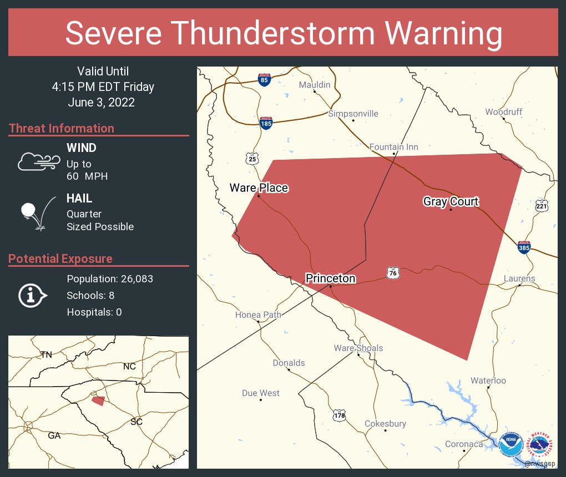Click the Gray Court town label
coord(451,201)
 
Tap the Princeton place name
coord(330,278)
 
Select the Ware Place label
coord(259,188)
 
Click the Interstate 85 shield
coord(264,79)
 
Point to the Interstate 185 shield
coord(266,123)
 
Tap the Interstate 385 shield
coord(523,247)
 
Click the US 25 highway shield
coord(252,159)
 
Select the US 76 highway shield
coord(392,273)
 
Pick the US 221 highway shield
coord(542,206)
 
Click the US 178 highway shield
coord(339,415)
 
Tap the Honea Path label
coord(258,314)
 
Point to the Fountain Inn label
coord(394,147)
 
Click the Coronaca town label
coord(464,444)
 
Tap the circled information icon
coord(33,295)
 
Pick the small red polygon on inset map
coord(98,400)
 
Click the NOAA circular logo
coord(511,444)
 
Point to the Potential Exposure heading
coord(60,258)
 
